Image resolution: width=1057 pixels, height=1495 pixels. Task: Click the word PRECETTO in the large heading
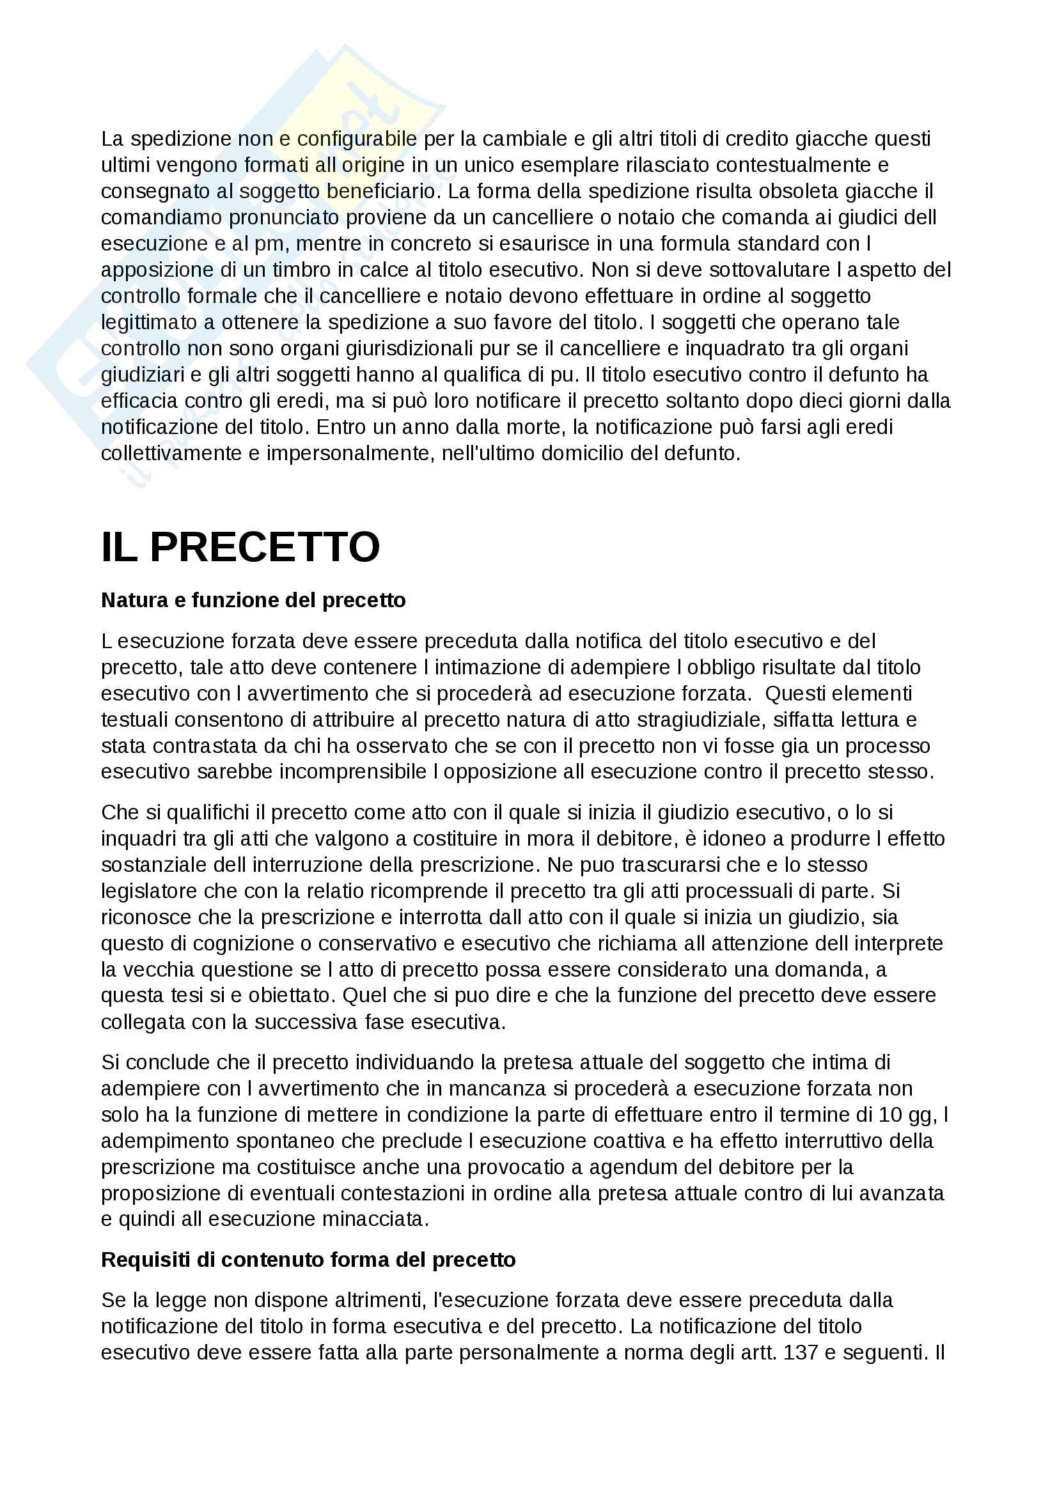[x=265, y=548]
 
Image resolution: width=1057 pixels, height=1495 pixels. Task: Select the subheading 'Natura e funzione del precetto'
[x=253, y=600]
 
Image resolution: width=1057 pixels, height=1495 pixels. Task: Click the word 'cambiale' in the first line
[x=498, y=139]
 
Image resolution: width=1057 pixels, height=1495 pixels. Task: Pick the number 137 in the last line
[x=801, y=1352]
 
